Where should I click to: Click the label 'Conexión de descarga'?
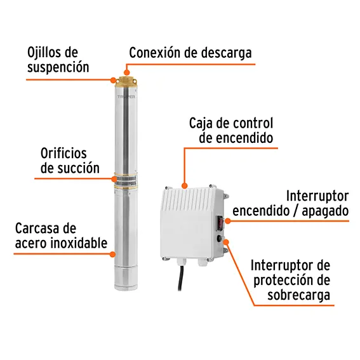[x=190, y=53]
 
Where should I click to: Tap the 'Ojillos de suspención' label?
[x=58, y=60]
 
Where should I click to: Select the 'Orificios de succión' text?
[x=70, y=161]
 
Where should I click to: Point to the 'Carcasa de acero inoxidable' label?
[x=61, y=236]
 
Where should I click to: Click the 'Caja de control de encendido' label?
[x=231, y=130]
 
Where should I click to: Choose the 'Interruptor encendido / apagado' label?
[x=291, y=203]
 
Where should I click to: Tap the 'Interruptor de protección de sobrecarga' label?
[x=290, y=280]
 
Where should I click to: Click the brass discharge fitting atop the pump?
[x=126, y=81]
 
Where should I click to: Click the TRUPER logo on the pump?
[x=126, y=97]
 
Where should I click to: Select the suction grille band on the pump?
[x=126, y=181]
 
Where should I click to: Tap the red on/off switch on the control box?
[x=219, y=223]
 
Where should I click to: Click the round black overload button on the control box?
[x=220, y=239]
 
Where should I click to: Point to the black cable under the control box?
[x=182, y=277]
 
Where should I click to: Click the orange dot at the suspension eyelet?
[x=113, y=80]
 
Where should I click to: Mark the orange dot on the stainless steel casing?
[x=112, y=254]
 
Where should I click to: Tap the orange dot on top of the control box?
[x=184, y=185]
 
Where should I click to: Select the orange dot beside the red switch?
[x=227, y=221]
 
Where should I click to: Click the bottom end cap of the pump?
[x=126, y=279]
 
